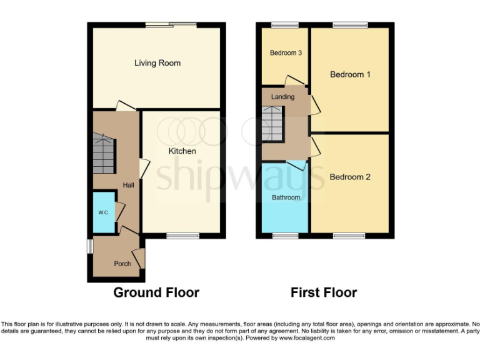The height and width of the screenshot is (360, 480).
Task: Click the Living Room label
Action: (157, 63)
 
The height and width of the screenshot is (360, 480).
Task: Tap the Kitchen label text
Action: (182, 151)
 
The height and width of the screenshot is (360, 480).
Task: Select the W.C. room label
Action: (103, 213)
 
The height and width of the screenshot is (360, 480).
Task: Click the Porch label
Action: (122, 264)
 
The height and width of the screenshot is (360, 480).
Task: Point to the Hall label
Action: (128, 185)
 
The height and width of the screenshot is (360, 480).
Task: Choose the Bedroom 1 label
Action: (350, 74)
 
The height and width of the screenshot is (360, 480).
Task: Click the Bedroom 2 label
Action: (350, 177)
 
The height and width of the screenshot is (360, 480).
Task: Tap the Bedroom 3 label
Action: (286, 53)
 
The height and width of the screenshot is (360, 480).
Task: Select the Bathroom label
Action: (286, 197)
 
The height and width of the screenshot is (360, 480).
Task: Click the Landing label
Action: (282, 97)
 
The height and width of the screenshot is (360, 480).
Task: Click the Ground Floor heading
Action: (156, 292)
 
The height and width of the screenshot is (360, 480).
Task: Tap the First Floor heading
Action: (324, 292)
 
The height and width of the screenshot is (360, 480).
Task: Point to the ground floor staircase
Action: (104, 154)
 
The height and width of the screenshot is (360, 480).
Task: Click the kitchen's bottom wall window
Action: (182, 236)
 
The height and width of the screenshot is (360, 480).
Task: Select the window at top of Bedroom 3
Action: (285, 25)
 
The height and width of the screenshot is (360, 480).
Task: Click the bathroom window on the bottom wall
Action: (285, 236)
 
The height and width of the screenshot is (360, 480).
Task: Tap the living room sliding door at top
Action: (171, 25)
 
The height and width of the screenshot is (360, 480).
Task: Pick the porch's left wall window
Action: (89, 246)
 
